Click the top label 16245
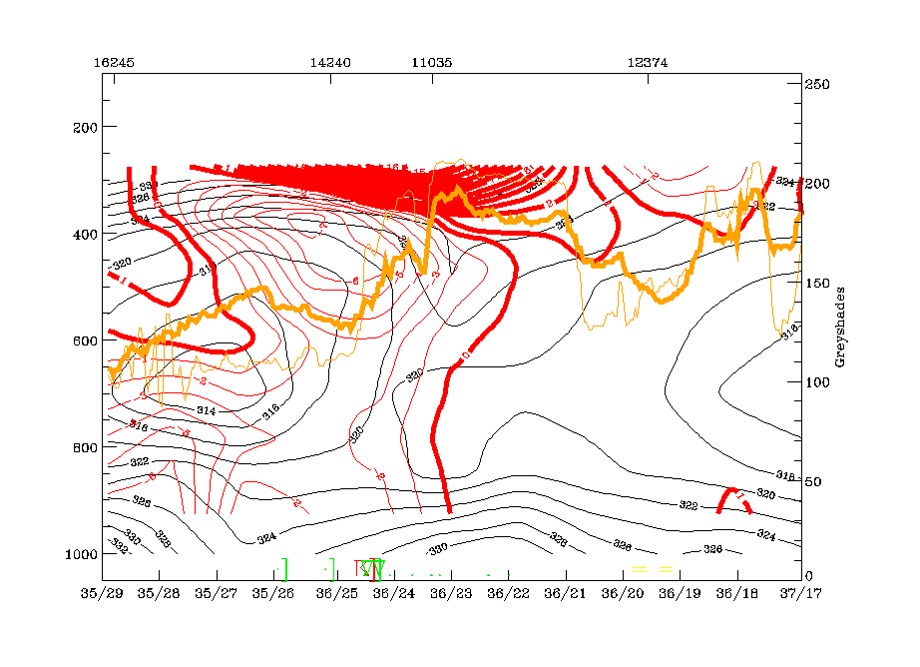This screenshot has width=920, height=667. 114,62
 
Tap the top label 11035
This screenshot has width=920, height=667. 431,62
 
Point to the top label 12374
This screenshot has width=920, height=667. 648,62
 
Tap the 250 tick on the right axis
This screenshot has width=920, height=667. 818,85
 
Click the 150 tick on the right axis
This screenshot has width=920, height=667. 818,283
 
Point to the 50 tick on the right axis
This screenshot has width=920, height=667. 815,481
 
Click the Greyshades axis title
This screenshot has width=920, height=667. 841,330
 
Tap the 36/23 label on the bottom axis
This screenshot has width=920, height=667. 451,594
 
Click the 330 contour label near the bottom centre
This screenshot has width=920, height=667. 438,550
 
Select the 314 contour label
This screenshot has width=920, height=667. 207,410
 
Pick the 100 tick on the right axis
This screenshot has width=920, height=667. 818,381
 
